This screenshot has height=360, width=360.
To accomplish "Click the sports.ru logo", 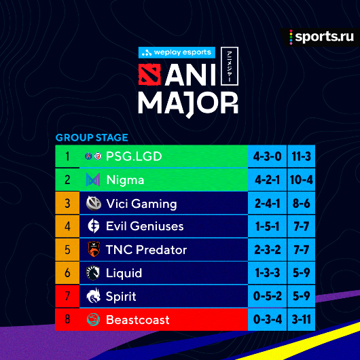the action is point(321,37).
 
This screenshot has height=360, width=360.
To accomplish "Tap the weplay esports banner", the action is point(177,52).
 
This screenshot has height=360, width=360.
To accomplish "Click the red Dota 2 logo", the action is point(149,75).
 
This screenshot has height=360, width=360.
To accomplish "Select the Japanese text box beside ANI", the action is point(230,67).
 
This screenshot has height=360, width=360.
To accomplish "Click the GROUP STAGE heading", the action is point(92,137).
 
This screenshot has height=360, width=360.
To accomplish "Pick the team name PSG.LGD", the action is point(134,157).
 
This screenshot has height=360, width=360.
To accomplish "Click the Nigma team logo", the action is point(93,179).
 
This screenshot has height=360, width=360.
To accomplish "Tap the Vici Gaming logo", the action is point(94,203).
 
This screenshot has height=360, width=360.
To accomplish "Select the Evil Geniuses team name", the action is point(145,226).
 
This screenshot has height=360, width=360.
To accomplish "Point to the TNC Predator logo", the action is point(94,249).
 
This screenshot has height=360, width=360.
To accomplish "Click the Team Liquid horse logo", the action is point(93,273).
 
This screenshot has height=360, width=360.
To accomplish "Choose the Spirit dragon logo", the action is point(94,295).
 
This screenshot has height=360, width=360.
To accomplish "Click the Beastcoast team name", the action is point(137,320).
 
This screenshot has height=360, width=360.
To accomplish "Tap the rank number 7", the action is point(67,296).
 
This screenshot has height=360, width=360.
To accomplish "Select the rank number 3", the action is point(67,203).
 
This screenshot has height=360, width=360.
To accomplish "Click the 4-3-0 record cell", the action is point(268,156).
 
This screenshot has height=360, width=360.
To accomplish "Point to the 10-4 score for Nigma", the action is point(301,180).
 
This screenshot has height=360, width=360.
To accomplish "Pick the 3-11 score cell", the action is point(301,319).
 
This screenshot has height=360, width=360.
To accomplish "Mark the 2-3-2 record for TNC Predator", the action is point(268,249).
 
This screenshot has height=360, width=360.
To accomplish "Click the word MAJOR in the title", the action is point(188,103).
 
